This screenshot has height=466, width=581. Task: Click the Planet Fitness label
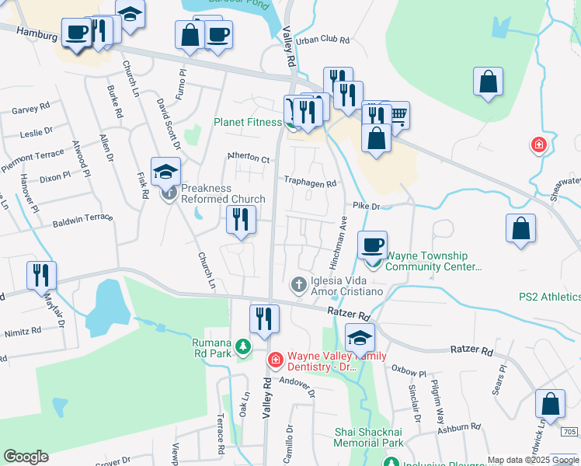(x=249, y=122)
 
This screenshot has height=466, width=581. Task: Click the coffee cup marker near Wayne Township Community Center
(x=372, y=245)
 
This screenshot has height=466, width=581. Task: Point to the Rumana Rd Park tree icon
(x=244, y=346)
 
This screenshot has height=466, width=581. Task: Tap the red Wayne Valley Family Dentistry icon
(x=274, y=360)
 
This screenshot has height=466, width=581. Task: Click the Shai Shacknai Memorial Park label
(x=368, y=436)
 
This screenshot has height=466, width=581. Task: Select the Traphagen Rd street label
(x=309, y=184)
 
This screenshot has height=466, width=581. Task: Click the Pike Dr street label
(x=366, y=206)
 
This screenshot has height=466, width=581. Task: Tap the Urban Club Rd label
(x=323, y=39)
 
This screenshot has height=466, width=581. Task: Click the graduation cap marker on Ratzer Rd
(x=360, y=338)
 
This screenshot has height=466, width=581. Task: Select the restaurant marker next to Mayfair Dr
(x=41, y=275)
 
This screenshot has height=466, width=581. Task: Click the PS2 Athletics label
(x=549, y=297)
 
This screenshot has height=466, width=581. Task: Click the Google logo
(x=26, y=457)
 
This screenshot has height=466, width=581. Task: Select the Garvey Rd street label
(x=30, y=110)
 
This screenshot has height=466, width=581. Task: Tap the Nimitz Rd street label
(x=23, y=331)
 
